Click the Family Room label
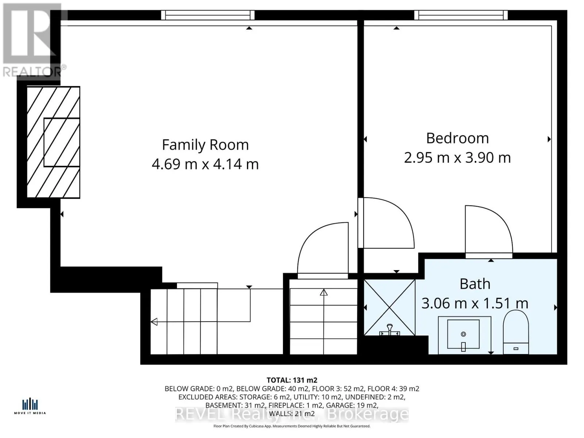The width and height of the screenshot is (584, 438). point(205,145)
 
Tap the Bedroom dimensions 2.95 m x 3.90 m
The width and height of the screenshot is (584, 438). point(457,158)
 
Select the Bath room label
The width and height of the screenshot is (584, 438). point(474,284)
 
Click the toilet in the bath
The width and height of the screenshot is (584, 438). point(516,332)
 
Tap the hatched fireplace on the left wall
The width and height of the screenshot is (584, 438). point(54,142)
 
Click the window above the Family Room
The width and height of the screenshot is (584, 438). point(208,15)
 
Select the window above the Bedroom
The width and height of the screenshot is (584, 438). point(461,15)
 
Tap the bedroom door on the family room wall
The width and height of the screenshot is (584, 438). point(387,223)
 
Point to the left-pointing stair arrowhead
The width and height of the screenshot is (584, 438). point(154,322)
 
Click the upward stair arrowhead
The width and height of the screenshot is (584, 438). point(324,292)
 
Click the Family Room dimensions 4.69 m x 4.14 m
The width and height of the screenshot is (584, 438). point(205,164)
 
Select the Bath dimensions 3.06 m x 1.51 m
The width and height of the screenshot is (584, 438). point(474,303)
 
